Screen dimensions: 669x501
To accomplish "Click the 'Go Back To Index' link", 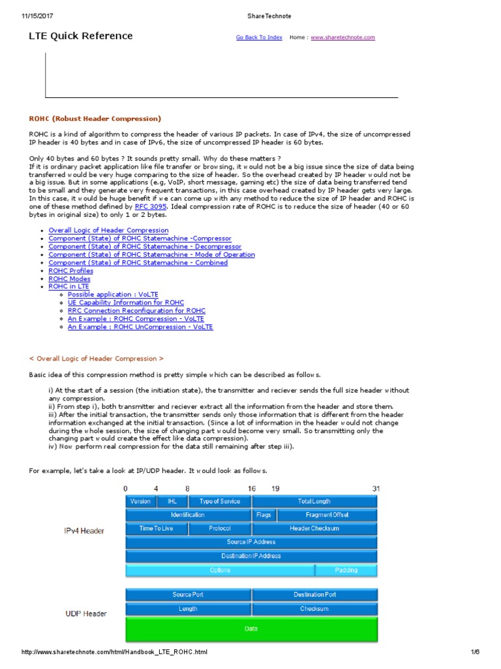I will point(259,38).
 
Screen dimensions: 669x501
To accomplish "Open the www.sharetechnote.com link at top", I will point(342,38).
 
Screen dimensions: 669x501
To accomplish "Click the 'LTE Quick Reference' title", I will point(81,36).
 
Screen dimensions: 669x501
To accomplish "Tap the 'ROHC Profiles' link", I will point(70,270).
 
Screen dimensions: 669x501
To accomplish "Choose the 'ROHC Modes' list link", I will point(69,279).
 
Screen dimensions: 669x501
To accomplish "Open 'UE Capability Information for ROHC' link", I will point(126,302).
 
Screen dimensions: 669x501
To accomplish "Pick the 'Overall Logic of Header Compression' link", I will point(108,231).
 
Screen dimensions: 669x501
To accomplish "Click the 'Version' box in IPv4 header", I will point(140,501).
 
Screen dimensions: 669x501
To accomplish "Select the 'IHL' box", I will point(172,501).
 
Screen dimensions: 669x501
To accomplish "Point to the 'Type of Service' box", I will point(219,501).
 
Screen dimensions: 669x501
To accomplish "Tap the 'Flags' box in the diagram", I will point(264,515).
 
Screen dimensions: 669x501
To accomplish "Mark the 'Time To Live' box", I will point(156,529).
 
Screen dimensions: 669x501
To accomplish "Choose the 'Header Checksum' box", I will point(314,529).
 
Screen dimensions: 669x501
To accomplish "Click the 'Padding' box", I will point(346,570).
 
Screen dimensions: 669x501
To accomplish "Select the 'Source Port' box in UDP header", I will point(188,595).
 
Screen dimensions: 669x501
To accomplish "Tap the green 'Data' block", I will point(251,629).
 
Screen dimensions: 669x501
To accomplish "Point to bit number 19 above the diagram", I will point(276,488).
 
